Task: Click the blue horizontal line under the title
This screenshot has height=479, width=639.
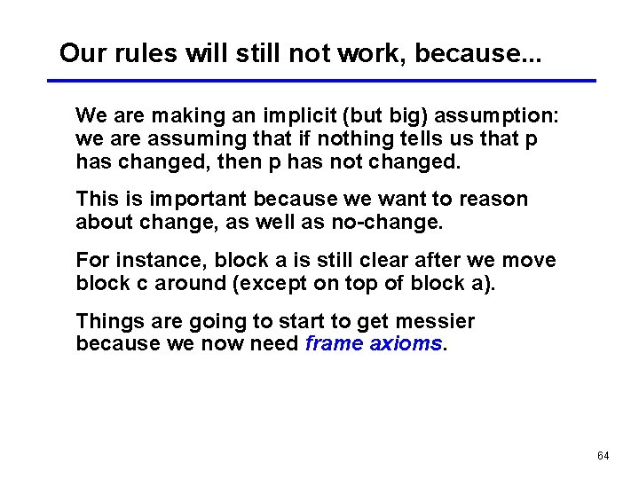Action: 319,81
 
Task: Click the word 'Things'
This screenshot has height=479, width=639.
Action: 105,321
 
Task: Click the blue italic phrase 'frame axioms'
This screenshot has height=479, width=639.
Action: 373,344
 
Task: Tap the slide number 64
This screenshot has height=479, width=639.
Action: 603,456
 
